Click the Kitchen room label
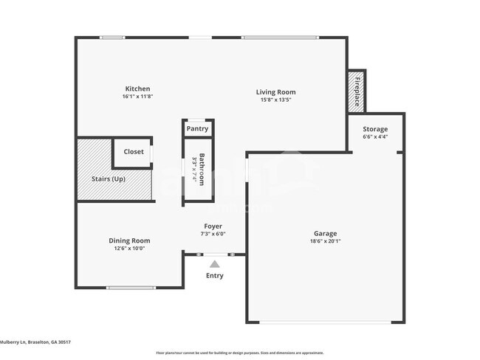(x=137, y=89)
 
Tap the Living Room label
(x=275, y=92)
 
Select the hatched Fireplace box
(x=357, y=91)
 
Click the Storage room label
(x=375, y=129)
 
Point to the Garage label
(x=325, y=233)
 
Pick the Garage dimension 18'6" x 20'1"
(x=325, y=241)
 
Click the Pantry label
(x=197, y=129)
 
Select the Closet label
(x=134, y=152)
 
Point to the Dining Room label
(x=129, y=240)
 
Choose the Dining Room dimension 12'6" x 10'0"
(x=129, y=249)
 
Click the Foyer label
(x=213, y=226)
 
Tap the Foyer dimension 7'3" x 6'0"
(x=213, y=234)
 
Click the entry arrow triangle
(x=214, y=263)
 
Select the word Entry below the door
(x=214, y=276)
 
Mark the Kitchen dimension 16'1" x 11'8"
(x=137, y=97)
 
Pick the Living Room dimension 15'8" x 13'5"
(x=275, y=100)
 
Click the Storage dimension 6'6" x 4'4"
(x=375, y=137)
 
